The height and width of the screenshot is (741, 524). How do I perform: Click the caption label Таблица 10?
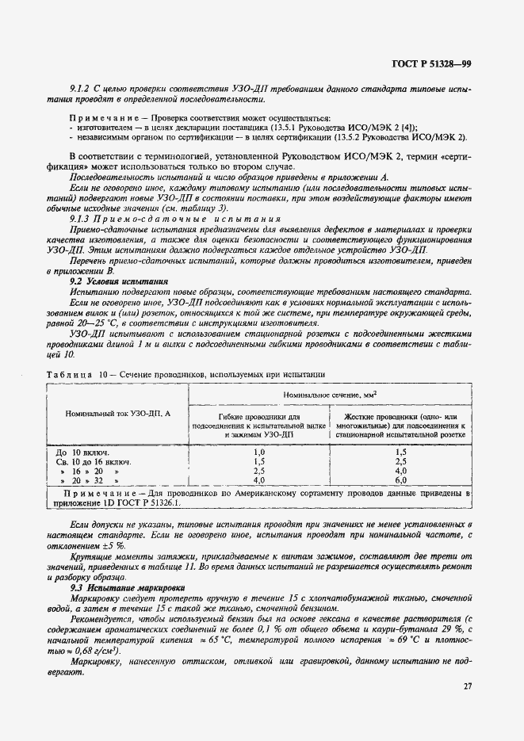coord(75,373)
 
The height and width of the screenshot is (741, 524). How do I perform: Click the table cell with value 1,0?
coord(258,451)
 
